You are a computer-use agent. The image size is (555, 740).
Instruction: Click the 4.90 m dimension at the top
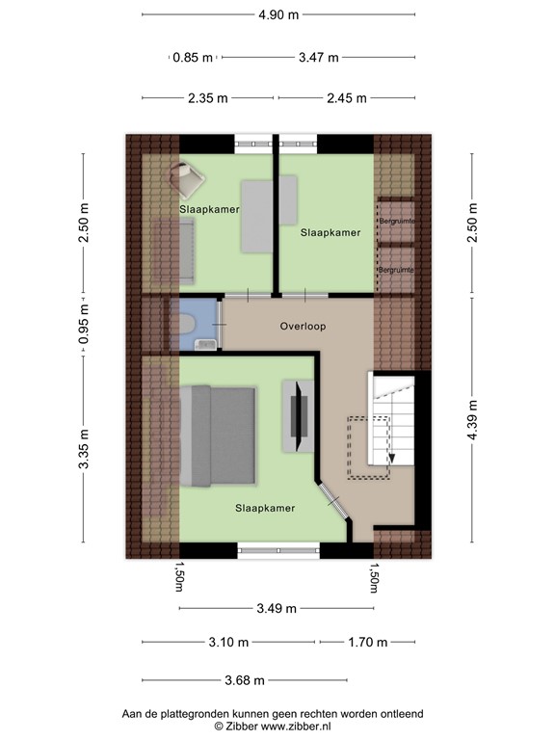coord(277,14)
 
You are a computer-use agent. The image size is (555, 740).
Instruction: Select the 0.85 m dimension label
coord(193,57)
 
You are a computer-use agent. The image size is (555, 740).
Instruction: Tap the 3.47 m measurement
coord(318,57)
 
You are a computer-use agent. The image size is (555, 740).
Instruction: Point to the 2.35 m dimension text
coord(207,97)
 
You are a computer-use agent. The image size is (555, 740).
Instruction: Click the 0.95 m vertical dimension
coord(84,326)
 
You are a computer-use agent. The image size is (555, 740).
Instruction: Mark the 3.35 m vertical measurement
coord(84,448)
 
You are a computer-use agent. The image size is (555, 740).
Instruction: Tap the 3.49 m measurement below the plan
coord(277,608)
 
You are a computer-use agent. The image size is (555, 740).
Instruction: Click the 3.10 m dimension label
coord(229,643)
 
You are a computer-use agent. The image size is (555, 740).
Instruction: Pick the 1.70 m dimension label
coord(367,643)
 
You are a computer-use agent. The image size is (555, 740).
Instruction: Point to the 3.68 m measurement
coord(244,679)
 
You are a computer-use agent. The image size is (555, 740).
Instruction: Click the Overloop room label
coord(303,327)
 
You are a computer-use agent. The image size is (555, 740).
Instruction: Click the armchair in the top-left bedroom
coord(187,177)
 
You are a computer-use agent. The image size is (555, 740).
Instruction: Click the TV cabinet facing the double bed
coord(298,416)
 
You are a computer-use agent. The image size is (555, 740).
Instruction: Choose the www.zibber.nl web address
coord(299,726)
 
